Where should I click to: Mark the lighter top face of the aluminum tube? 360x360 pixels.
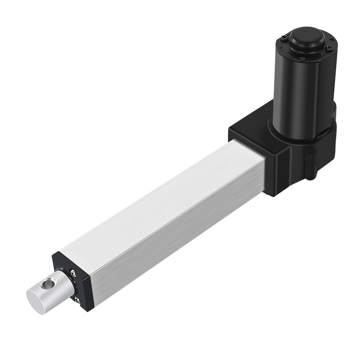coord(148,198)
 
